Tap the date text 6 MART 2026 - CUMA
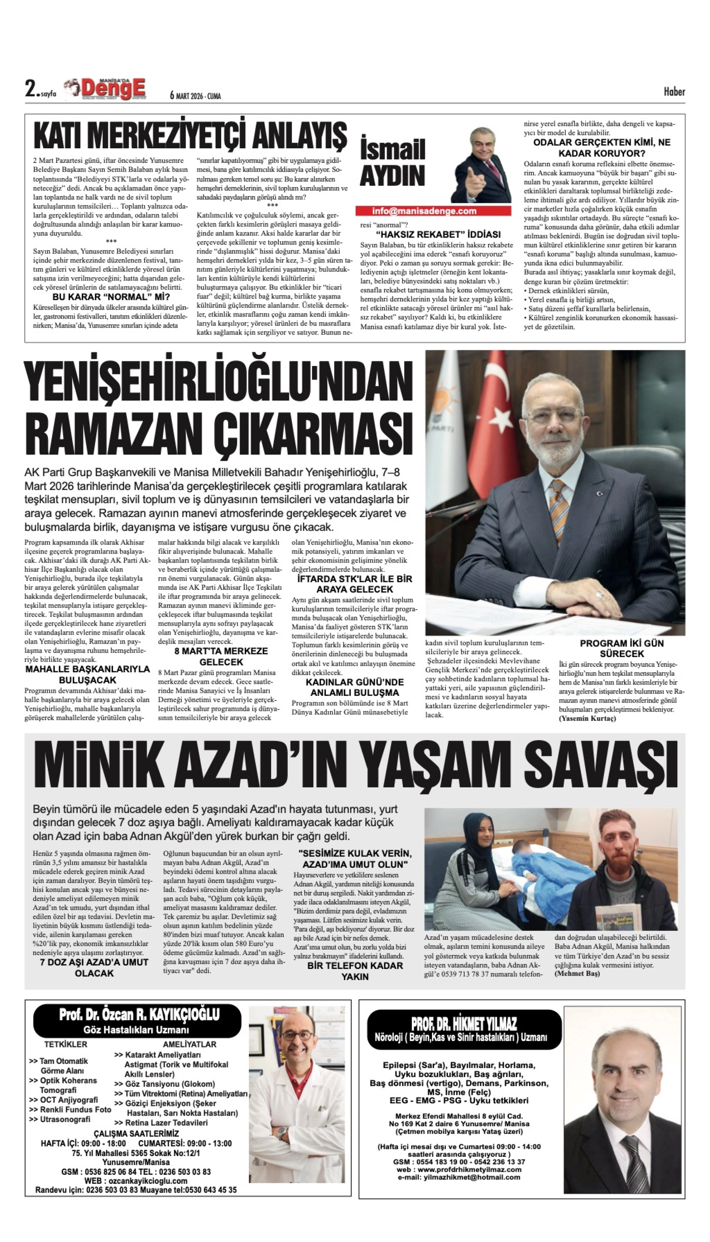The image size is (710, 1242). point(195,96)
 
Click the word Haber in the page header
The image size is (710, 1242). point(674,92)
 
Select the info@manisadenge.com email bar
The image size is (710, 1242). point(424,211)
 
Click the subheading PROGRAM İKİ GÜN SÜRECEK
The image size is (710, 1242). point(622,648)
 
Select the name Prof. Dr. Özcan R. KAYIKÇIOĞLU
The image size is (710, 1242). point(139,1015)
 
